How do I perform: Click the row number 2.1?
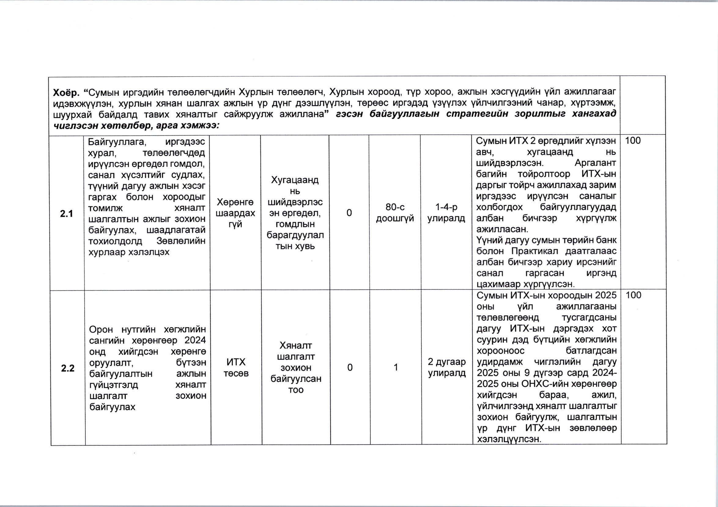(x=66, y=214)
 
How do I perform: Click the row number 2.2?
(x=68, y=368)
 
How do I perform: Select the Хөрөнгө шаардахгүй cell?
(x=235, y=213)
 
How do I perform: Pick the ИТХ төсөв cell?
(x=236, y=368)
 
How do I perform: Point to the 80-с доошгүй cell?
(x=395, y=213)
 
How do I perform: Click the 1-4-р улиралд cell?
(x=446, y=213)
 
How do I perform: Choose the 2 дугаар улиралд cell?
(x=447, y=367)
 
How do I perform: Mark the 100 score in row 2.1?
(x=633, y=141)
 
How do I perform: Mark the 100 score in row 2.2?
(x=633, y=295)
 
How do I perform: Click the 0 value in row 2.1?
(x=349, y=213)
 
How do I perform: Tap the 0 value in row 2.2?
(x=350, y=367)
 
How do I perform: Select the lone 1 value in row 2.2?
(x=396, y=367)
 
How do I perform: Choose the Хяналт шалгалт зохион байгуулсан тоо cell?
(x=296, y=367)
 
